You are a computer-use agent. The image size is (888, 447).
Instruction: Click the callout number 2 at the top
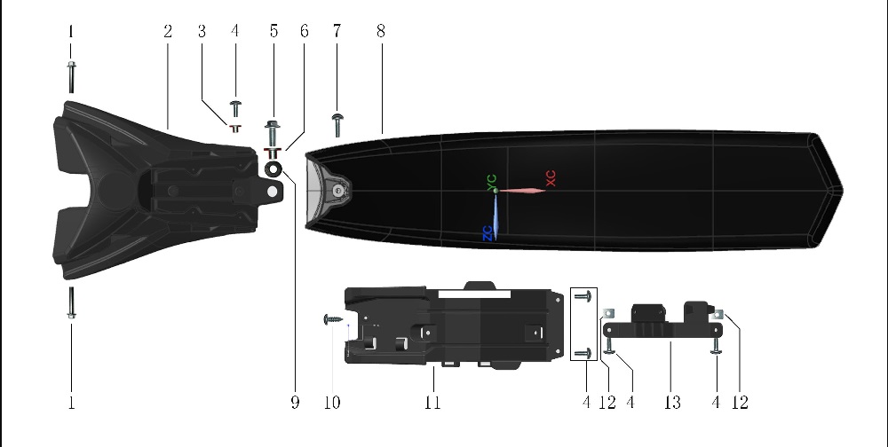[x=167, y=31]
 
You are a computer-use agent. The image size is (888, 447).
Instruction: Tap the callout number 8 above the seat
[x=380, y=31]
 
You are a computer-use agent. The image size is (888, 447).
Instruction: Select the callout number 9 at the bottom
[x=295, y=403]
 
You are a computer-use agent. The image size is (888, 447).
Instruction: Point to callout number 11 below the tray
[x=432, y=403]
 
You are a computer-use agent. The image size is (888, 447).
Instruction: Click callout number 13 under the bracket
[x=672, y=403]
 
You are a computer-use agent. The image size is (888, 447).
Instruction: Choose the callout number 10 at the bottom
[x=331, y=403]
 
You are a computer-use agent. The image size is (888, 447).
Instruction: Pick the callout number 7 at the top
[x=337, y=31]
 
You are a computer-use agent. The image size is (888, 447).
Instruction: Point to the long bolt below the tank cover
[x=71, y=303]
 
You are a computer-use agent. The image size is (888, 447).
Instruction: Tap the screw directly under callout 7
[x=338, y=124]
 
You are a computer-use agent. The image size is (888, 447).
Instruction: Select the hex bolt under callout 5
[x=273, y=134]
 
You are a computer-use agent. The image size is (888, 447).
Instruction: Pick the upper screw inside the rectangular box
[x=583, y=294]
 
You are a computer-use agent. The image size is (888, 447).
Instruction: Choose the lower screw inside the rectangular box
[x=583, y=353]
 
